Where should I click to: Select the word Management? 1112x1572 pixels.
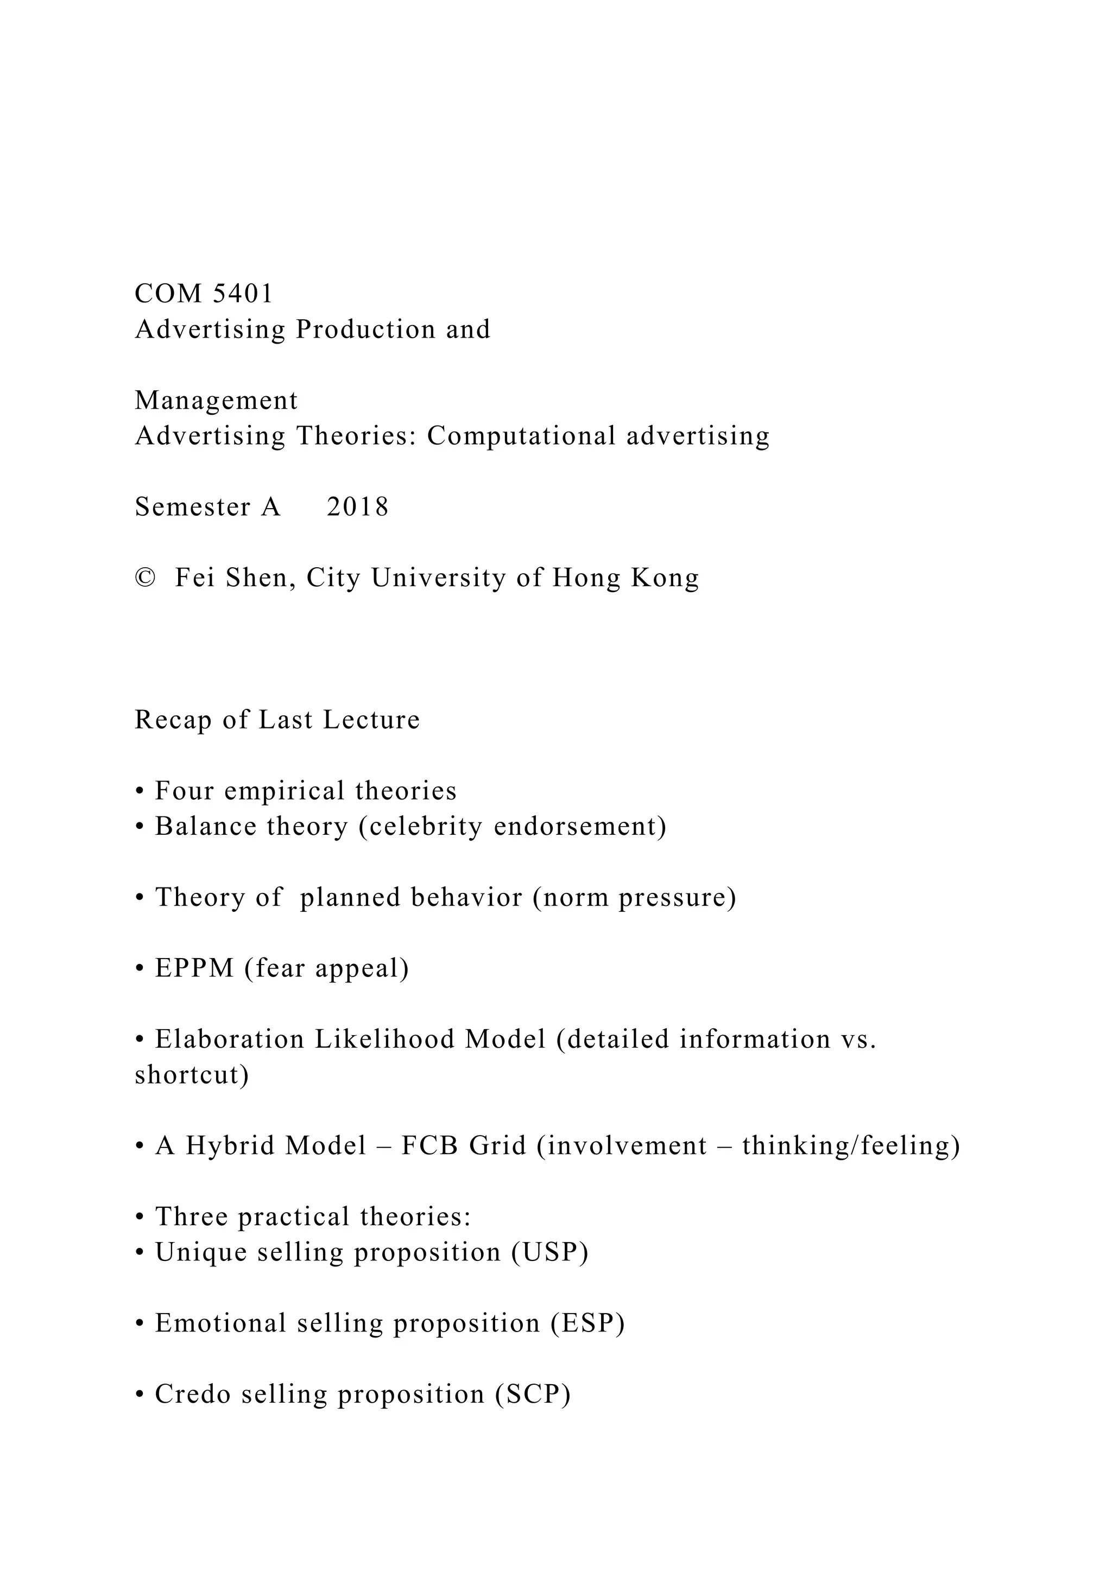click(x=217, y=401)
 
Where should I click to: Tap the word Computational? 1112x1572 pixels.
click(x=521, y=436)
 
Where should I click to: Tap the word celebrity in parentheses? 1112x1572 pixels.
click(x=420, y=826)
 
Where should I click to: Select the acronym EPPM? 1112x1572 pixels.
click(x=194, y=969)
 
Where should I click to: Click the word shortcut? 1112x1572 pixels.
click(x=191, y=1075)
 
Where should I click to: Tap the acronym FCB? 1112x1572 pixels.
click(x=429, y=1146)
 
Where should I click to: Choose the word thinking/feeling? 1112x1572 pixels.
click(x=850, y=1146)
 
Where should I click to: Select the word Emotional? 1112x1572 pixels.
click(x=220, y=1323)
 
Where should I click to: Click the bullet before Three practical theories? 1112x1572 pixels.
click(x=140, y=1218)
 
